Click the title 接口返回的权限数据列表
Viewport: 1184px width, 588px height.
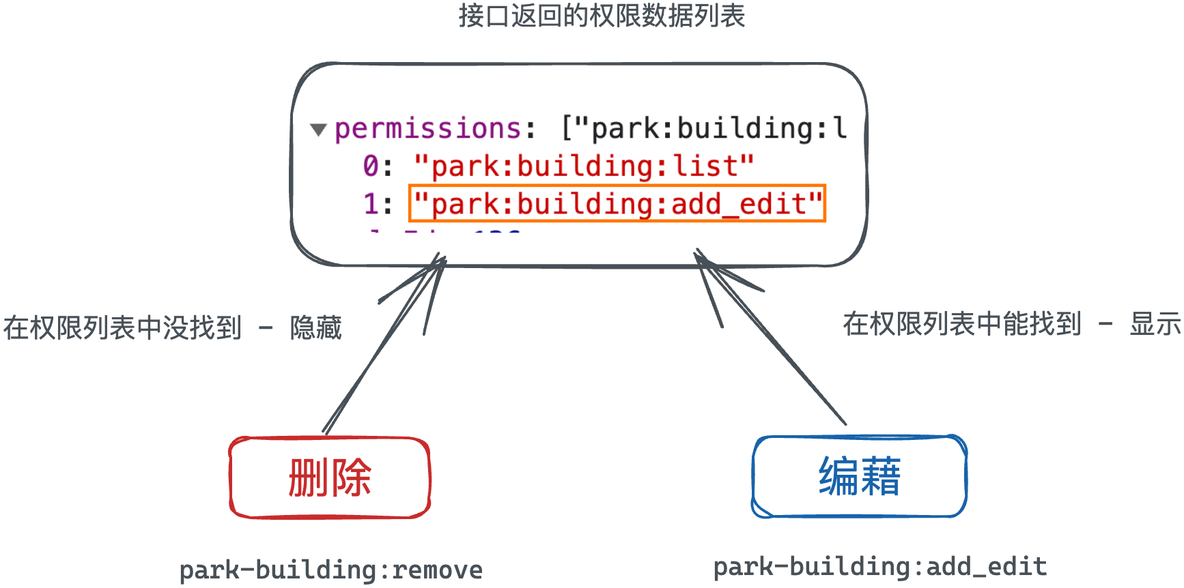[601, 16]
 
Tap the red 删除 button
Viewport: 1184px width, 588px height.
[330, 477]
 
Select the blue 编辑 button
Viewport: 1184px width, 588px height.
[860, 476]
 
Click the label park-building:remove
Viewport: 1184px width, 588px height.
[331, 570]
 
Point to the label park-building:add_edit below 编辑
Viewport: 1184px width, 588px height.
[879, 566]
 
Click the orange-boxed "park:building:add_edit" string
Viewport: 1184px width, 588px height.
[617, 203]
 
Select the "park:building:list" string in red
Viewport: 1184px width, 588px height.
[584, 166]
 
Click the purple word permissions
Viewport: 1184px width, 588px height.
[428, 128]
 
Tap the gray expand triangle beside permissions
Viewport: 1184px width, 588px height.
[318, 130]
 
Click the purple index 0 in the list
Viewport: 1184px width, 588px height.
[370, 166]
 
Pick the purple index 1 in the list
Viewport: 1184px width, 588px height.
[370, 203]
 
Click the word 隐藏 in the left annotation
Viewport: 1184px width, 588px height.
[315, 328]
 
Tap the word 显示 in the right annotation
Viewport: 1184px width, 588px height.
[1155, 324]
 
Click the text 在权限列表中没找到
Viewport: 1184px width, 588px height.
[123, 328]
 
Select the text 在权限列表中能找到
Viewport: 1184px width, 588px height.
[962, 324]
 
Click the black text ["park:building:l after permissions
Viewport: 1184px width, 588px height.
[703, 128]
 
